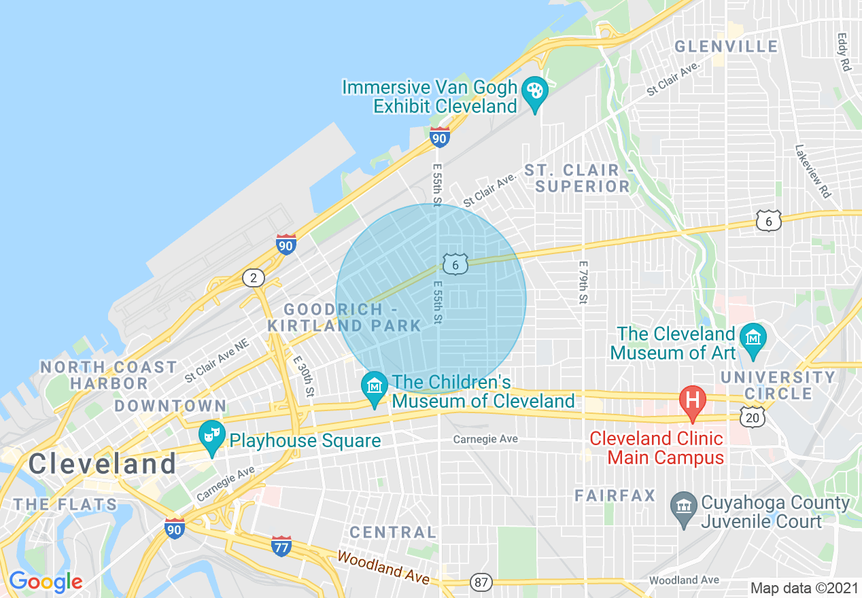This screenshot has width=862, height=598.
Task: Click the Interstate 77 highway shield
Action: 281,546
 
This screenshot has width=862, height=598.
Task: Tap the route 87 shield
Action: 481,582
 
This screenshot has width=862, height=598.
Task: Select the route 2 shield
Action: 254,277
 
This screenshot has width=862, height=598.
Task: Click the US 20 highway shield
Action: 753,417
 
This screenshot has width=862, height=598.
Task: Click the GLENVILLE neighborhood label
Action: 726,46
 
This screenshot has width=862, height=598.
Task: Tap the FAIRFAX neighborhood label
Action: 615,495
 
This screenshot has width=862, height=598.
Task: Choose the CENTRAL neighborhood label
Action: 393,531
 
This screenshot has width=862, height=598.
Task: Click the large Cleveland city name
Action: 103,464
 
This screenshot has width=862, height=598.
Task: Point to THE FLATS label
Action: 65,504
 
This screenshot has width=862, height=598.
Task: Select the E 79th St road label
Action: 583,282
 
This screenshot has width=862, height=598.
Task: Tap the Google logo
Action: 46,582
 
